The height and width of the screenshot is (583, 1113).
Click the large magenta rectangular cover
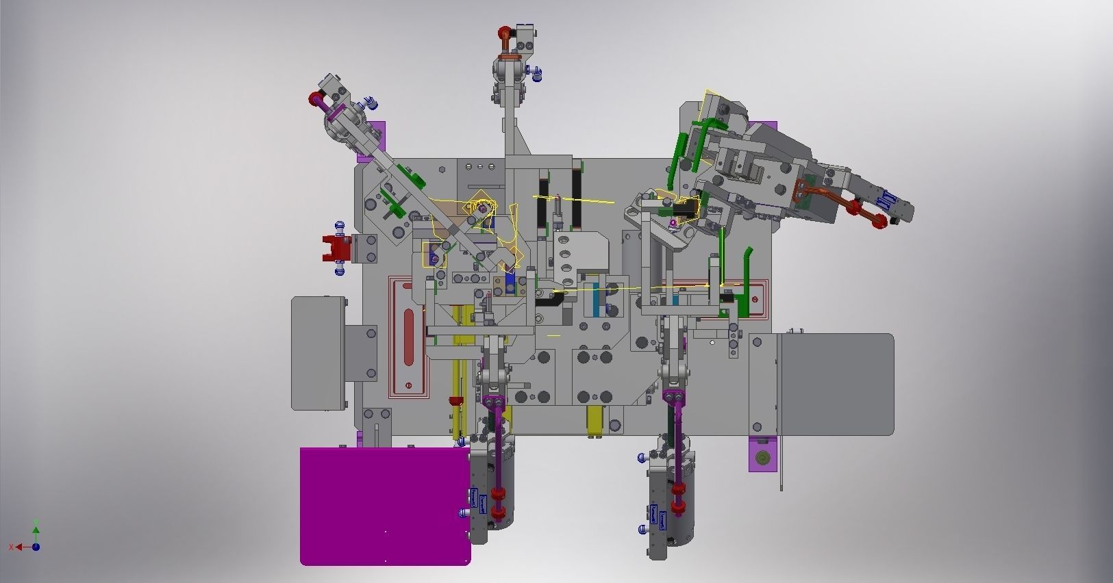384,506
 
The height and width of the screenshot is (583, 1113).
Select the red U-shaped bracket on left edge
336,247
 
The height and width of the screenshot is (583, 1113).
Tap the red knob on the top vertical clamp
504,32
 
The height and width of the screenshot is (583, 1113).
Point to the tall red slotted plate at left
409,338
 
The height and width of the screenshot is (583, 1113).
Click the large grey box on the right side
836,384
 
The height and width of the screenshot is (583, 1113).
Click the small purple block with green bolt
762,456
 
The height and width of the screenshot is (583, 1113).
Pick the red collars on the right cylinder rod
678,499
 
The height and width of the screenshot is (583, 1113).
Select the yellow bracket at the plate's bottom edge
596,420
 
